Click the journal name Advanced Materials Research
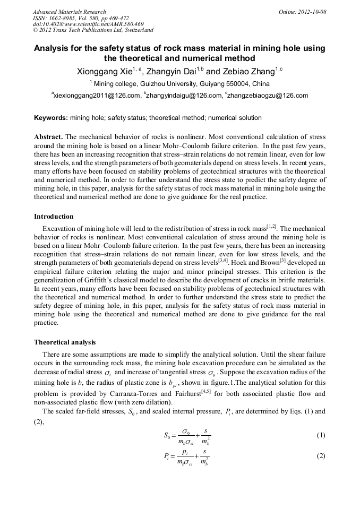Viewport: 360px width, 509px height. pyautogui.click(x=69, y=12)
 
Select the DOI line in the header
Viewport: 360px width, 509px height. pyautogui.click(x=88, y=24)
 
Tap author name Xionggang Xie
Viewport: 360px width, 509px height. pyautogui.click(x=104, y=72)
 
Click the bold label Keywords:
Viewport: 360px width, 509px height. pyautogui.click(x=51, y=118)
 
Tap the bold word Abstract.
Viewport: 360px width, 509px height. pyautogui.click(x=48, y=136)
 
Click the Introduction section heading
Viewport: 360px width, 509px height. pyautogui.click(x=54, y=217)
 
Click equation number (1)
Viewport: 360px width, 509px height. pyautogui.click(x=320, y=436)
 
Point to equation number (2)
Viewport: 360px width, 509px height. pyautogui.click(x=320, y=456)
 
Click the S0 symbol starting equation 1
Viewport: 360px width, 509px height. pyautogui.click(x=168, y=436)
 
